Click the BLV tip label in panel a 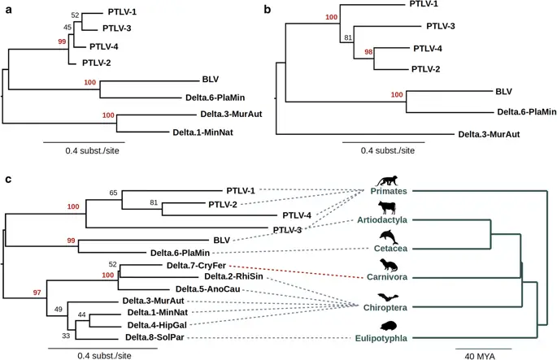[210, 81]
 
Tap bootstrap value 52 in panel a [76, 15]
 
